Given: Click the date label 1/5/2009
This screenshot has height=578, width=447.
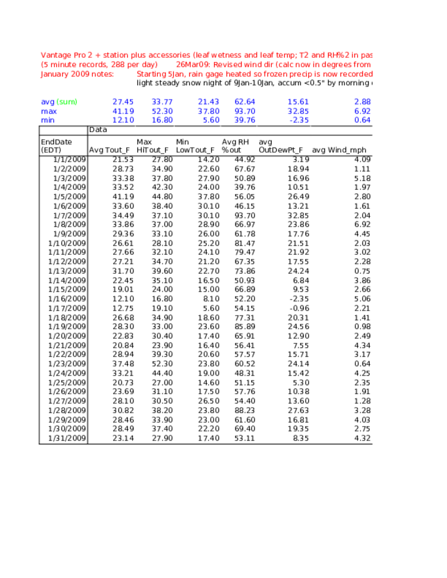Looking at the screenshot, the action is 69,196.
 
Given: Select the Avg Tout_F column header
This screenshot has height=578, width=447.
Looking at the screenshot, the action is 109,150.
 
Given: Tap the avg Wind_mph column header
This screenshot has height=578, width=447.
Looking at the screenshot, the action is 339,150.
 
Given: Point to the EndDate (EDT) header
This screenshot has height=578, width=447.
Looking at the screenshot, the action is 57,146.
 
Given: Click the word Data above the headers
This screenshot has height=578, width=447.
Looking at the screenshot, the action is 98,130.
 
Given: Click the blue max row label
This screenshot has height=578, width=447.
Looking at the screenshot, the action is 49,111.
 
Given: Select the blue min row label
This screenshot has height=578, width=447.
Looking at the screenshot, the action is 48,120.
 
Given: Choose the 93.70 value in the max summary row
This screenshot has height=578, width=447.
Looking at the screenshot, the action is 245,111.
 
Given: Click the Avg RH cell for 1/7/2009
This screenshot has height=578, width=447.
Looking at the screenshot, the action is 245,215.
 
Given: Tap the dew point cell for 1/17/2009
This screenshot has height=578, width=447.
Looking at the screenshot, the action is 299,308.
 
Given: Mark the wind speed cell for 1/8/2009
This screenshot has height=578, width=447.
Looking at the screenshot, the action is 362,224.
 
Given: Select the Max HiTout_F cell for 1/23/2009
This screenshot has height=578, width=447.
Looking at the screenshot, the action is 163,364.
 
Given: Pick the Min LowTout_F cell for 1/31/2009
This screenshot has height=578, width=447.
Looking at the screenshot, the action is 209,438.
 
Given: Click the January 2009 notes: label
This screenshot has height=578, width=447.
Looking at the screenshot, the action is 77,74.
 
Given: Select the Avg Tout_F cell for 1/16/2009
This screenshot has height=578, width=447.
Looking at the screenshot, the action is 123,299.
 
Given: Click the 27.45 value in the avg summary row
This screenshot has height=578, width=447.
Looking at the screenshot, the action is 123,102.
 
